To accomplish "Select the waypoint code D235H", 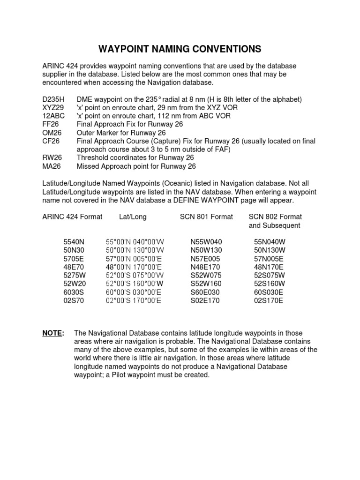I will (53, 99).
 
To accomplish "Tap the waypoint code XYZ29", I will (53, 108).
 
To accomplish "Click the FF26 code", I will (51, 124).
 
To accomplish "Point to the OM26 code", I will (52, 133).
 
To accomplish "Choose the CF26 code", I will (51, 141).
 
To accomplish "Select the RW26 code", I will (52, 158).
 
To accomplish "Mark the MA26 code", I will (51, 166).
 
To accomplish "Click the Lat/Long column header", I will (133, 217).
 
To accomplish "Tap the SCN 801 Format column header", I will (206, 217).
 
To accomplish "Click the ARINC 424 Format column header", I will (72, 217).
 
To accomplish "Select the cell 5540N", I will (75, 242).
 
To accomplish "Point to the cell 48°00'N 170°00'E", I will (134, 267).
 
